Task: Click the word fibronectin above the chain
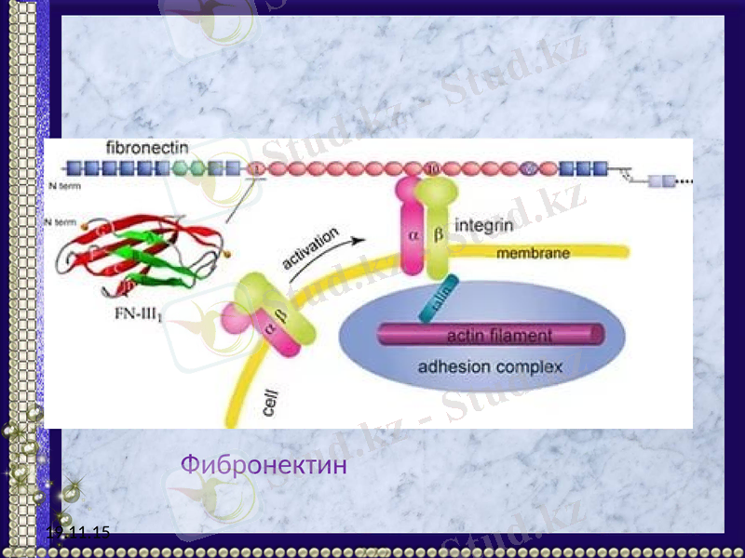click(x=147, y=148)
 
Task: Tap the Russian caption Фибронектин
click(x=264, y=463)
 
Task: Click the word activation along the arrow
click(x=310, y=248)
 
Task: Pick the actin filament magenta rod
click(x=490, y=335)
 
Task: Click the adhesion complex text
click(x=490, y=366)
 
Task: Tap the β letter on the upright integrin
click(x=438, y=235)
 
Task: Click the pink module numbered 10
click(x=432, y=168)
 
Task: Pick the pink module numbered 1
click(x=257, y=168)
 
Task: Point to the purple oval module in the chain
click(x=529, y=168)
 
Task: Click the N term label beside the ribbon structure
click(x=61, y=221)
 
